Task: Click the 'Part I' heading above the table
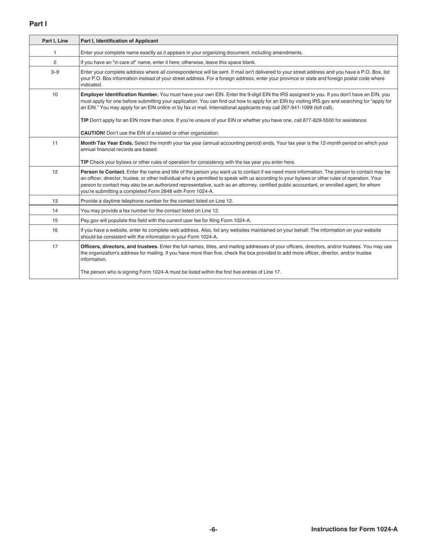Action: pyautogui.click(x=38, y=24)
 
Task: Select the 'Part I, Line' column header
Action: pyautogui.click(x=55, y=41)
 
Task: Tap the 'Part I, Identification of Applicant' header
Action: pyautogui.click(x=119, y=41)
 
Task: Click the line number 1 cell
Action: pyautogui.click(x=55, y=53)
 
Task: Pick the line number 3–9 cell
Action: pyautogui.click(x=55, y=72)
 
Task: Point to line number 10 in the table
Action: pyautogui.click(x=55, y=94)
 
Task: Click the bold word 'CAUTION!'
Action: pyautogui.click(x=93, y=133)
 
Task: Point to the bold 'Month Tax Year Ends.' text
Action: pyautogui.click(x=107, y=143)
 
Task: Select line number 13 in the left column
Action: pyautogui.click(x=55, y=201)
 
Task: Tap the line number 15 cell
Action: pyautogui.click(x=55, y=220)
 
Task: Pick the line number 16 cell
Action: pyautogui.click(x=55, y=230)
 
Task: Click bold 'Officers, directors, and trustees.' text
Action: pyautogui.click(x=119, y=246)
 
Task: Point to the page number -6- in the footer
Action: pyautogui.click(x=213, y=530)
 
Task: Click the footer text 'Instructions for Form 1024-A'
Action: pyautogui.click(x=354, y=529)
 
